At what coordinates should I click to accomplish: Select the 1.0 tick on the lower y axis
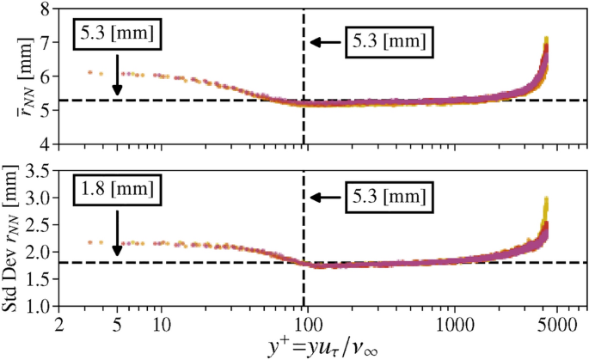[39, 305]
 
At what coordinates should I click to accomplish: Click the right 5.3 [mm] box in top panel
[389, 41]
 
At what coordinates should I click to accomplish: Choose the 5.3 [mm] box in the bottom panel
[389, 197]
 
